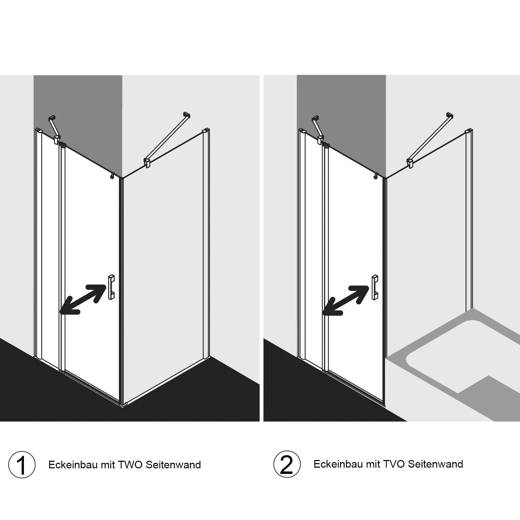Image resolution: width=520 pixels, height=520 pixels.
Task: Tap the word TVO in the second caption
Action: (x=394, y=464)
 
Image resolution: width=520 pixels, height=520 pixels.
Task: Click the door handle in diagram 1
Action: (x=111, y=287)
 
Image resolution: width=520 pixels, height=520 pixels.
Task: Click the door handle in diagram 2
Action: (x=374, y=287)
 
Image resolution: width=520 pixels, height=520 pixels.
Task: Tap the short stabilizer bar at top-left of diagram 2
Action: (x=318, y=129)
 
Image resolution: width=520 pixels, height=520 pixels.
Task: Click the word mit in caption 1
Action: (x=108, y=465)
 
